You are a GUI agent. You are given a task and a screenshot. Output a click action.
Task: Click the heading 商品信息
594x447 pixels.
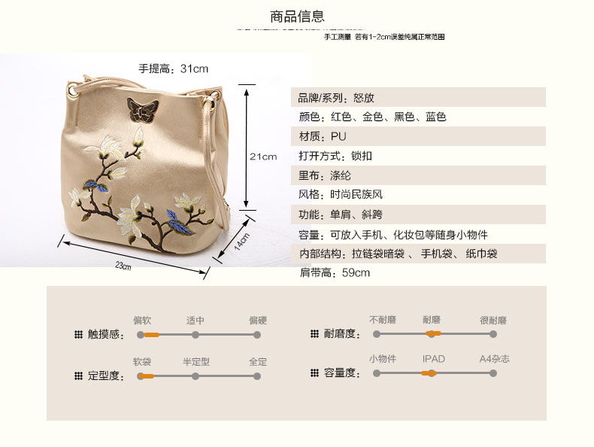click(297, 16)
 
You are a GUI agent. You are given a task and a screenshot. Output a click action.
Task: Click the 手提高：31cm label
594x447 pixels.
click(173, 68)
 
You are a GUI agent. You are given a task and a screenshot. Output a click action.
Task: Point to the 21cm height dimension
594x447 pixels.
click(263, 157)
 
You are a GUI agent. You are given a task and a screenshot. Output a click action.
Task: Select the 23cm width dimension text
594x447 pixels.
click(123, 266)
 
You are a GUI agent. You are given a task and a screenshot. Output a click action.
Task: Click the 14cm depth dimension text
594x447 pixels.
click(241, 242)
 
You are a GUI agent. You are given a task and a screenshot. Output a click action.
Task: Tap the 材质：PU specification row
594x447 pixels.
click(317, 137)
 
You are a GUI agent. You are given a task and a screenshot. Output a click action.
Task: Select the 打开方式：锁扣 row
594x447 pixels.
click(335, 157)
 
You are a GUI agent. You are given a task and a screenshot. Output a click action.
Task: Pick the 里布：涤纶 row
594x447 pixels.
click(325, 176)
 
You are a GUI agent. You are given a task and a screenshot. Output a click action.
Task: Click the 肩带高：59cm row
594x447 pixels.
click(335, 272)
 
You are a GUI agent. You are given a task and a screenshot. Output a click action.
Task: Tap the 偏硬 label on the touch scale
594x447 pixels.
click(258, 321)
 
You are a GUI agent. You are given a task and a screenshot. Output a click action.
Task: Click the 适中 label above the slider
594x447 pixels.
click(195, 321)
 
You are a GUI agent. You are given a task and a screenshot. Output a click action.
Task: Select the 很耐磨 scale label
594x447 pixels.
click(493, 321)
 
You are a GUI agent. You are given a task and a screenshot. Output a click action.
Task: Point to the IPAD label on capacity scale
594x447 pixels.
click(433, 359)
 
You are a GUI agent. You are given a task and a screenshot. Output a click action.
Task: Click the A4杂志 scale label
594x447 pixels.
click(495, 359)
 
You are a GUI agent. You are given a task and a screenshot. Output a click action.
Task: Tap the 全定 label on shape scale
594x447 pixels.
click(258, 362)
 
